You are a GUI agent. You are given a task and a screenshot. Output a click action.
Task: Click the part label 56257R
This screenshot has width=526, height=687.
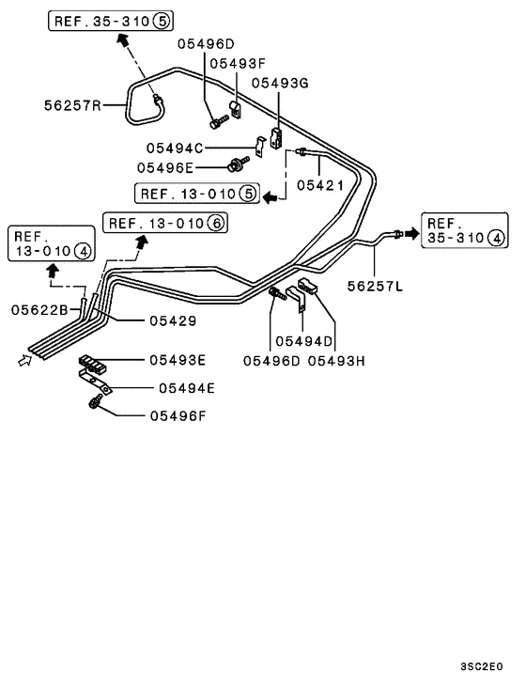(71, 106)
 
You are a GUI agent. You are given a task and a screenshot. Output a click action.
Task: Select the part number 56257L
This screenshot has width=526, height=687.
(374, 286)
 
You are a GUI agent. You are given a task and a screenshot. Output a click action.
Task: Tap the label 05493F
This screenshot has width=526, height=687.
(238, 63)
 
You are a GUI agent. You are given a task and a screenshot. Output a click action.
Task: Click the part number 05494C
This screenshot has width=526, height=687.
(175, 148)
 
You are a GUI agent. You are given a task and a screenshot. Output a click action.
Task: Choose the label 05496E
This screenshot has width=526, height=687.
(165, 167)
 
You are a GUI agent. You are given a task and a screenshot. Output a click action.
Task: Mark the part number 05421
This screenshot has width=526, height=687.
(320, 185)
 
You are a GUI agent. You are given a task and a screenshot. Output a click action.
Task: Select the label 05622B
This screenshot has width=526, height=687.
(39, 308)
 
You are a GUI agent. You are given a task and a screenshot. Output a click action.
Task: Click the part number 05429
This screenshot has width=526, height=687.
(172, 320)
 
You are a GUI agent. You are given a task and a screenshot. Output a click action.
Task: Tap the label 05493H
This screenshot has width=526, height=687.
(335, 361)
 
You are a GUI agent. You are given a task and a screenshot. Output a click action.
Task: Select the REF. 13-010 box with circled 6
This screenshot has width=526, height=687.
(164, 223)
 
